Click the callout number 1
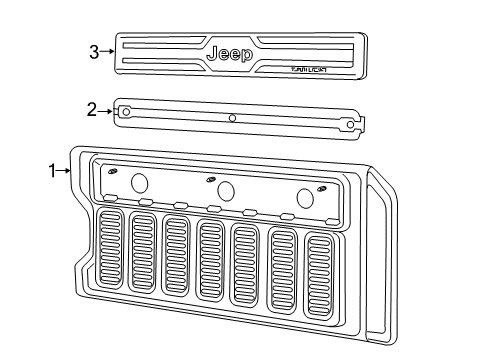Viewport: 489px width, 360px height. click(x=53, y=171)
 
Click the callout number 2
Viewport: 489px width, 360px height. click(x=92, y=110)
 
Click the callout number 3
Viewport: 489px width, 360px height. click(x=94, y=51)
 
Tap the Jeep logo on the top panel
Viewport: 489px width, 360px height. click(x=229, y=53)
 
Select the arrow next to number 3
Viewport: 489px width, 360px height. click(x=107, y=51)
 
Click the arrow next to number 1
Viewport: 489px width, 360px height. click(x=66, y=171)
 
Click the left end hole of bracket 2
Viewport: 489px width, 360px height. click(x=125, y=111)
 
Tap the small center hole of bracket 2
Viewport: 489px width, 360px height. click(x=232, y=118)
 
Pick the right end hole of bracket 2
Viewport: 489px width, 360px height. click(x=350, y=124)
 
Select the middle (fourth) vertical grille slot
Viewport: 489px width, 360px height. click(x=211, y=261)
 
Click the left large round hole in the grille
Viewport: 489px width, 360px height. click(x=139, y=182)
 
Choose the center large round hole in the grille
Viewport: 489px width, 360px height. click(x=226, y=190)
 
